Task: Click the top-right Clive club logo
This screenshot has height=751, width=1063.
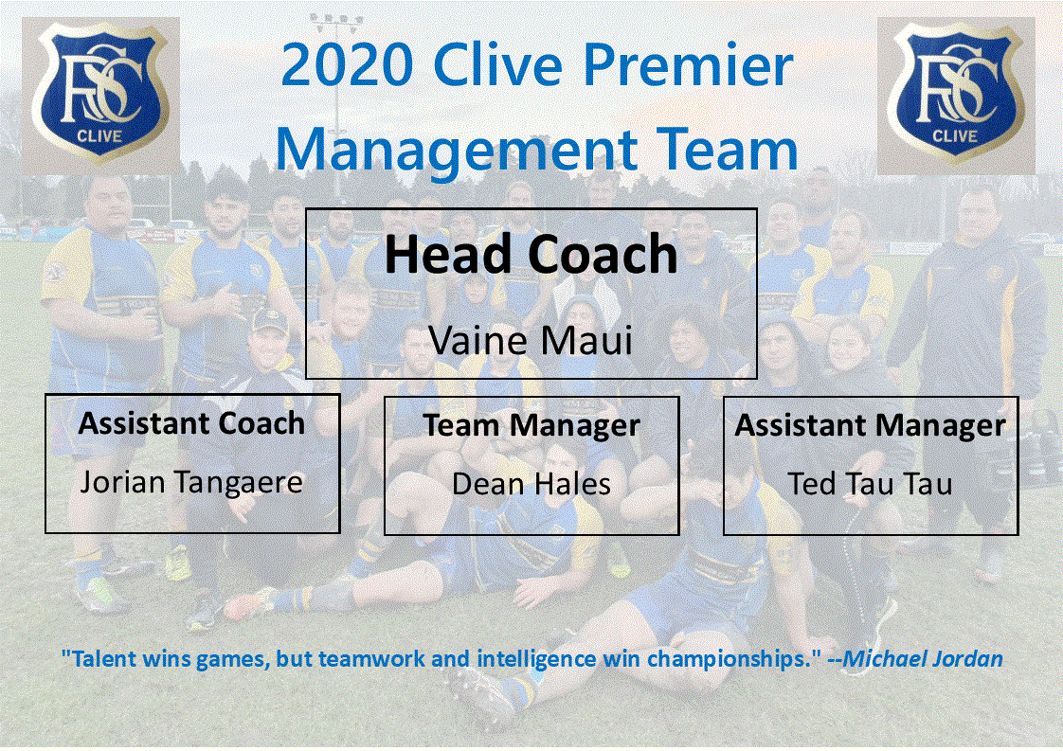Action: point(955,95)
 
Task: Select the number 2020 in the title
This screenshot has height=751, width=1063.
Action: point(347,66)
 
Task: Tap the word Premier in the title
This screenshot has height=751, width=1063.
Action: point(690,66)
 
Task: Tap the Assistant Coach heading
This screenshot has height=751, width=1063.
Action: point(191,423)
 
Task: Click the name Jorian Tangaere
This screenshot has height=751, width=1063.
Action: point(191,482)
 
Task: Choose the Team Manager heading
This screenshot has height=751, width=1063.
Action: point(531,425)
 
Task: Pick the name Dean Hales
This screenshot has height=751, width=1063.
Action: point(531,484)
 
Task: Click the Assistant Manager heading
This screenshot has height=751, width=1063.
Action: point(870,425)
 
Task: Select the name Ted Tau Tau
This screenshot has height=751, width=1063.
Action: point(870,484)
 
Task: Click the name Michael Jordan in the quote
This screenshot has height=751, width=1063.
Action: point(923,659)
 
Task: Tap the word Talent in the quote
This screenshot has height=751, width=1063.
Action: point(98,659)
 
